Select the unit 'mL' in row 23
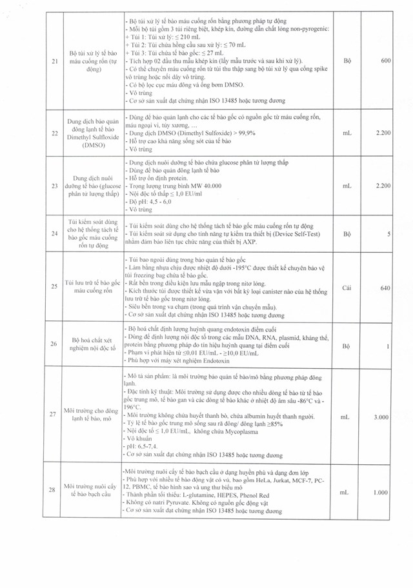[x=347, y=185]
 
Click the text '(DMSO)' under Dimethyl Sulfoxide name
[x=88, y=146]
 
